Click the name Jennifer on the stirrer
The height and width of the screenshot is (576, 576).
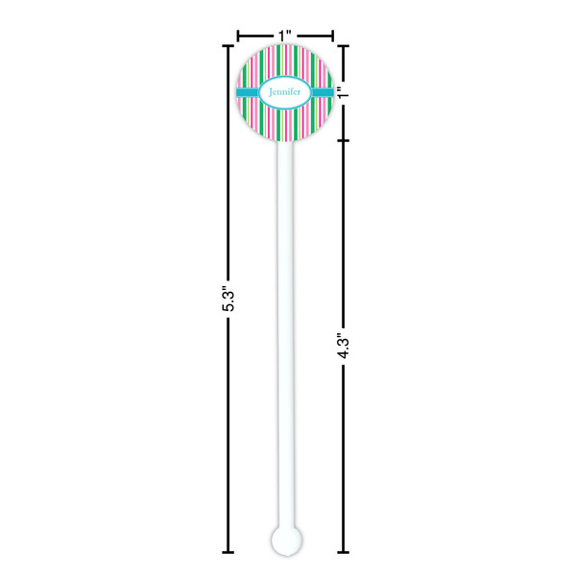coord(285,92)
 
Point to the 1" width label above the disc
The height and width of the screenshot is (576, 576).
coord(285,36)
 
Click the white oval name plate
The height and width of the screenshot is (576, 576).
coord(285,92)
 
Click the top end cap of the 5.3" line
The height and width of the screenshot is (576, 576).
coord(228,45)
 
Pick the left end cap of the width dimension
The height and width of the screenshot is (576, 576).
coord(238,36)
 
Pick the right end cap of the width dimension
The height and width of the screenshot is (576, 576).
coord(332,36)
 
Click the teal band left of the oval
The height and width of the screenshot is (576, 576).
coord(249,92)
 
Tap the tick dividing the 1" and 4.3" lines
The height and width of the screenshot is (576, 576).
coord(345,139)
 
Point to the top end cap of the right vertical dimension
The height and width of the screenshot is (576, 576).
coord(345,45)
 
